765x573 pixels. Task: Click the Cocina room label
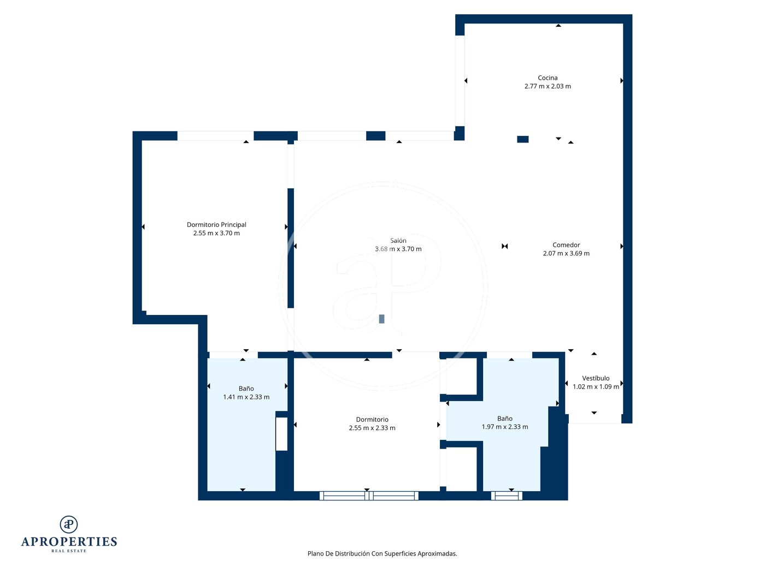[547, 78]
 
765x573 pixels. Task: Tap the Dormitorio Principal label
[216, 225]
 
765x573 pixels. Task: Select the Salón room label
[398, 241]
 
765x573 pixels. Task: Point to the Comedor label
[566, 245]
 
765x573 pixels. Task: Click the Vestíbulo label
[596, 378]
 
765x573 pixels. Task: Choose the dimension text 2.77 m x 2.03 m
[548, 86]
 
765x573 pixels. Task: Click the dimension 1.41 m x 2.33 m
[246, 397]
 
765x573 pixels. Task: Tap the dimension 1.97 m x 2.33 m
[505, 427]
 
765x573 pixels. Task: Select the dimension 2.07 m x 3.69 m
[566, 253]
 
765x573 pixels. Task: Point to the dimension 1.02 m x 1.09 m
[596, 386]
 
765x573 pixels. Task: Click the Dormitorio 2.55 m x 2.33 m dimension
[372, 428]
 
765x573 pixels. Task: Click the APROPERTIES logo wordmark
[69, 542]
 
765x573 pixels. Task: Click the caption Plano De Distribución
[338, 553]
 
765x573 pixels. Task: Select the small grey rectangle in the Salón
[381, 319]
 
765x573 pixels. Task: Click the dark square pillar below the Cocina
[522, 139]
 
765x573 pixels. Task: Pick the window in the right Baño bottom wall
[507, 496]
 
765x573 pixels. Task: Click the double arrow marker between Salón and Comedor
[504, 246]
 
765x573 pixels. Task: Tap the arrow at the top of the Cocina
[558, 26]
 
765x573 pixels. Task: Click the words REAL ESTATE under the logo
[69, 551]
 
